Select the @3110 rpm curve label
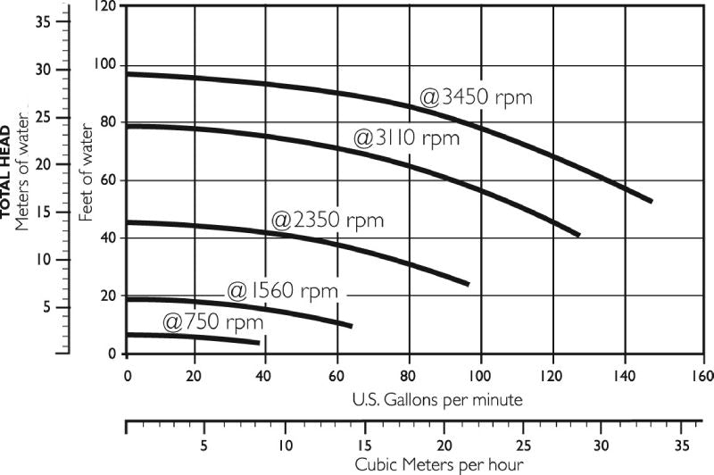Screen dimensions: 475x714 (x=406, y=138)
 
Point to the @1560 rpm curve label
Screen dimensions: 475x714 (x=282, y=291)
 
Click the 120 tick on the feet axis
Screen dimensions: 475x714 (x=106, y=7)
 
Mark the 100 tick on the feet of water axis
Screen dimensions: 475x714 (x=104, y=65)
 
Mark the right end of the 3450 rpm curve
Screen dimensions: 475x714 (x=652, y=201)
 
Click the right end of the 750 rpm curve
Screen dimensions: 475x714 (x=259, y=343)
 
